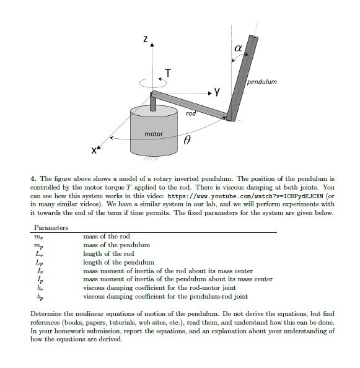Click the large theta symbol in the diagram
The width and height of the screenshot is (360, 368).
(x=185, y=142)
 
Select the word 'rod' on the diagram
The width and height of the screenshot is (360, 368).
(x=191, y=114)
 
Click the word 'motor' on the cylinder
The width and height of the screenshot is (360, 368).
(x=154, y=134)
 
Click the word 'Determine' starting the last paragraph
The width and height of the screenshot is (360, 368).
(x=45, y=314)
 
